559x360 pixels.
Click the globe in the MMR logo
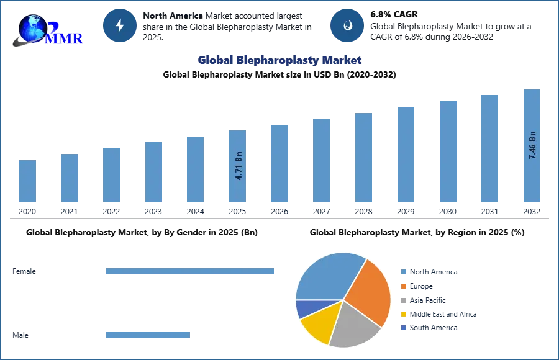coord(32,27)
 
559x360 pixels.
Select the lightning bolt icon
coord(120,25)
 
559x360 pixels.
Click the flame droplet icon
coord(347,25)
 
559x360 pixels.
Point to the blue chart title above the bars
coord(278,60)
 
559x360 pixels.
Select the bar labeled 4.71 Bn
coord(239,166)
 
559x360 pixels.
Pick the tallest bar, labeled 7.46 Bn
coord(532,146)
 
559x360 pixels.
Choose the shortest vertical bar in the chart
coord(27,181)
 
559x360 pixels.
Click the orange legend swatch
coord(402,287)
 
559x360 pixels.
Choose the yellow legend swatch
coord(402,314)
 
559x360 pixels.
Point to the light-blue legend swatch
coord(402,273)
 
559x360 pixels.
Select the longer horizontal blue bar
coord(191,273)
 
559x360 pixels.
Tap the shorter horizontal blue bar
coord(148,335)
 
